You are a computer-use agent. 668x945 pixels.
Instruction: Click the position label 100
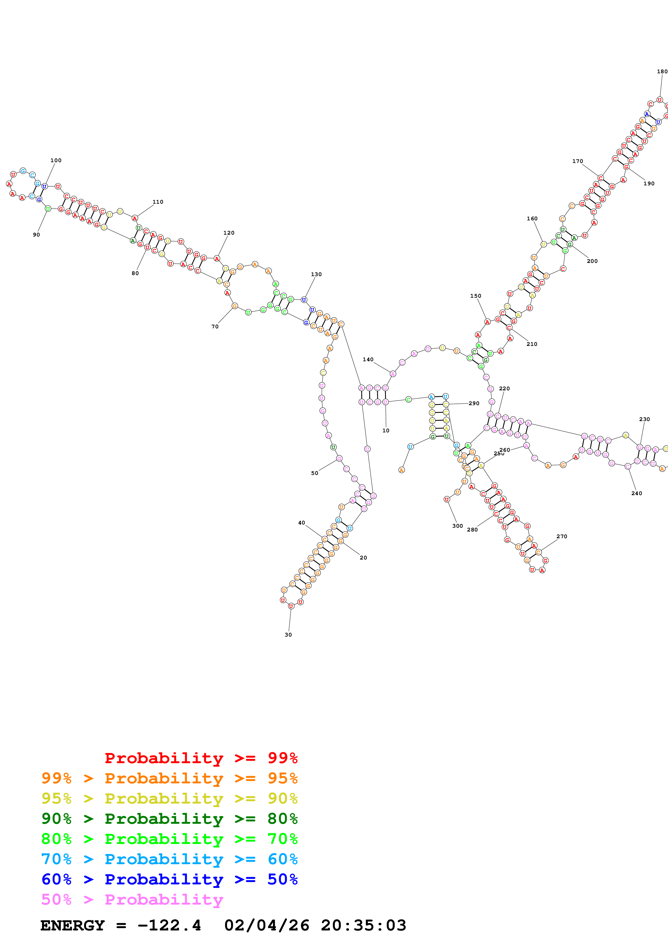(x=56, y=161)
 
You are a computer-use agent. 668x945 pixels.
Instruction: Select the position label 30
(x=288, y=635)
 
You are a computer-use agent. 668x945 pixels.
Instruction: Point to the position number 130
(x=316, y=274)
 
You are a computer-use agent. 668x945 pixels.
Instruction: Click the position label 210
(x=532, y=344)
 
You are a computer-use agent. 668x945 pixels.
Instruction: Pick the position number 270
(x=562, y=536)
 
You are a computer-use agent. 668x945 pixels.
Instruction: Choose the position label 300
(x=458, y=526)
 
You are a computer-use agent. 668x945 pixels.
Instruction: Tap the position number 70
(x=215, y=326)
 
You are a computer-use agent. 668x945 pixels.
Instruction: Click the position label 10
(x=386, y=430)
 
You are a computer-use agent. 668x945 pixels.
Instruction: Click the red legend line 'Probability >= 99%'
(x=201, y=758)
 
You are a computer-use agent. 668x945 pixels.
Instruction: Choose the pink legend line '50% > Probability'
(x=132, y=900)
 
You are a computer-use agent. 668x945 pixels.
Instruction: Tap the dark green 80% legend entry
(x=169, y=819)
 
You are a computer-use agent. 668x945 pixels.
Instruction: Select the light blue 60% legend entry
(x=169, y=859)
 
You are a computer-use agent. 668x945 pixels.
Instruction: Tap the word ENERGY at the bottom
(x=72, y=926)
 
